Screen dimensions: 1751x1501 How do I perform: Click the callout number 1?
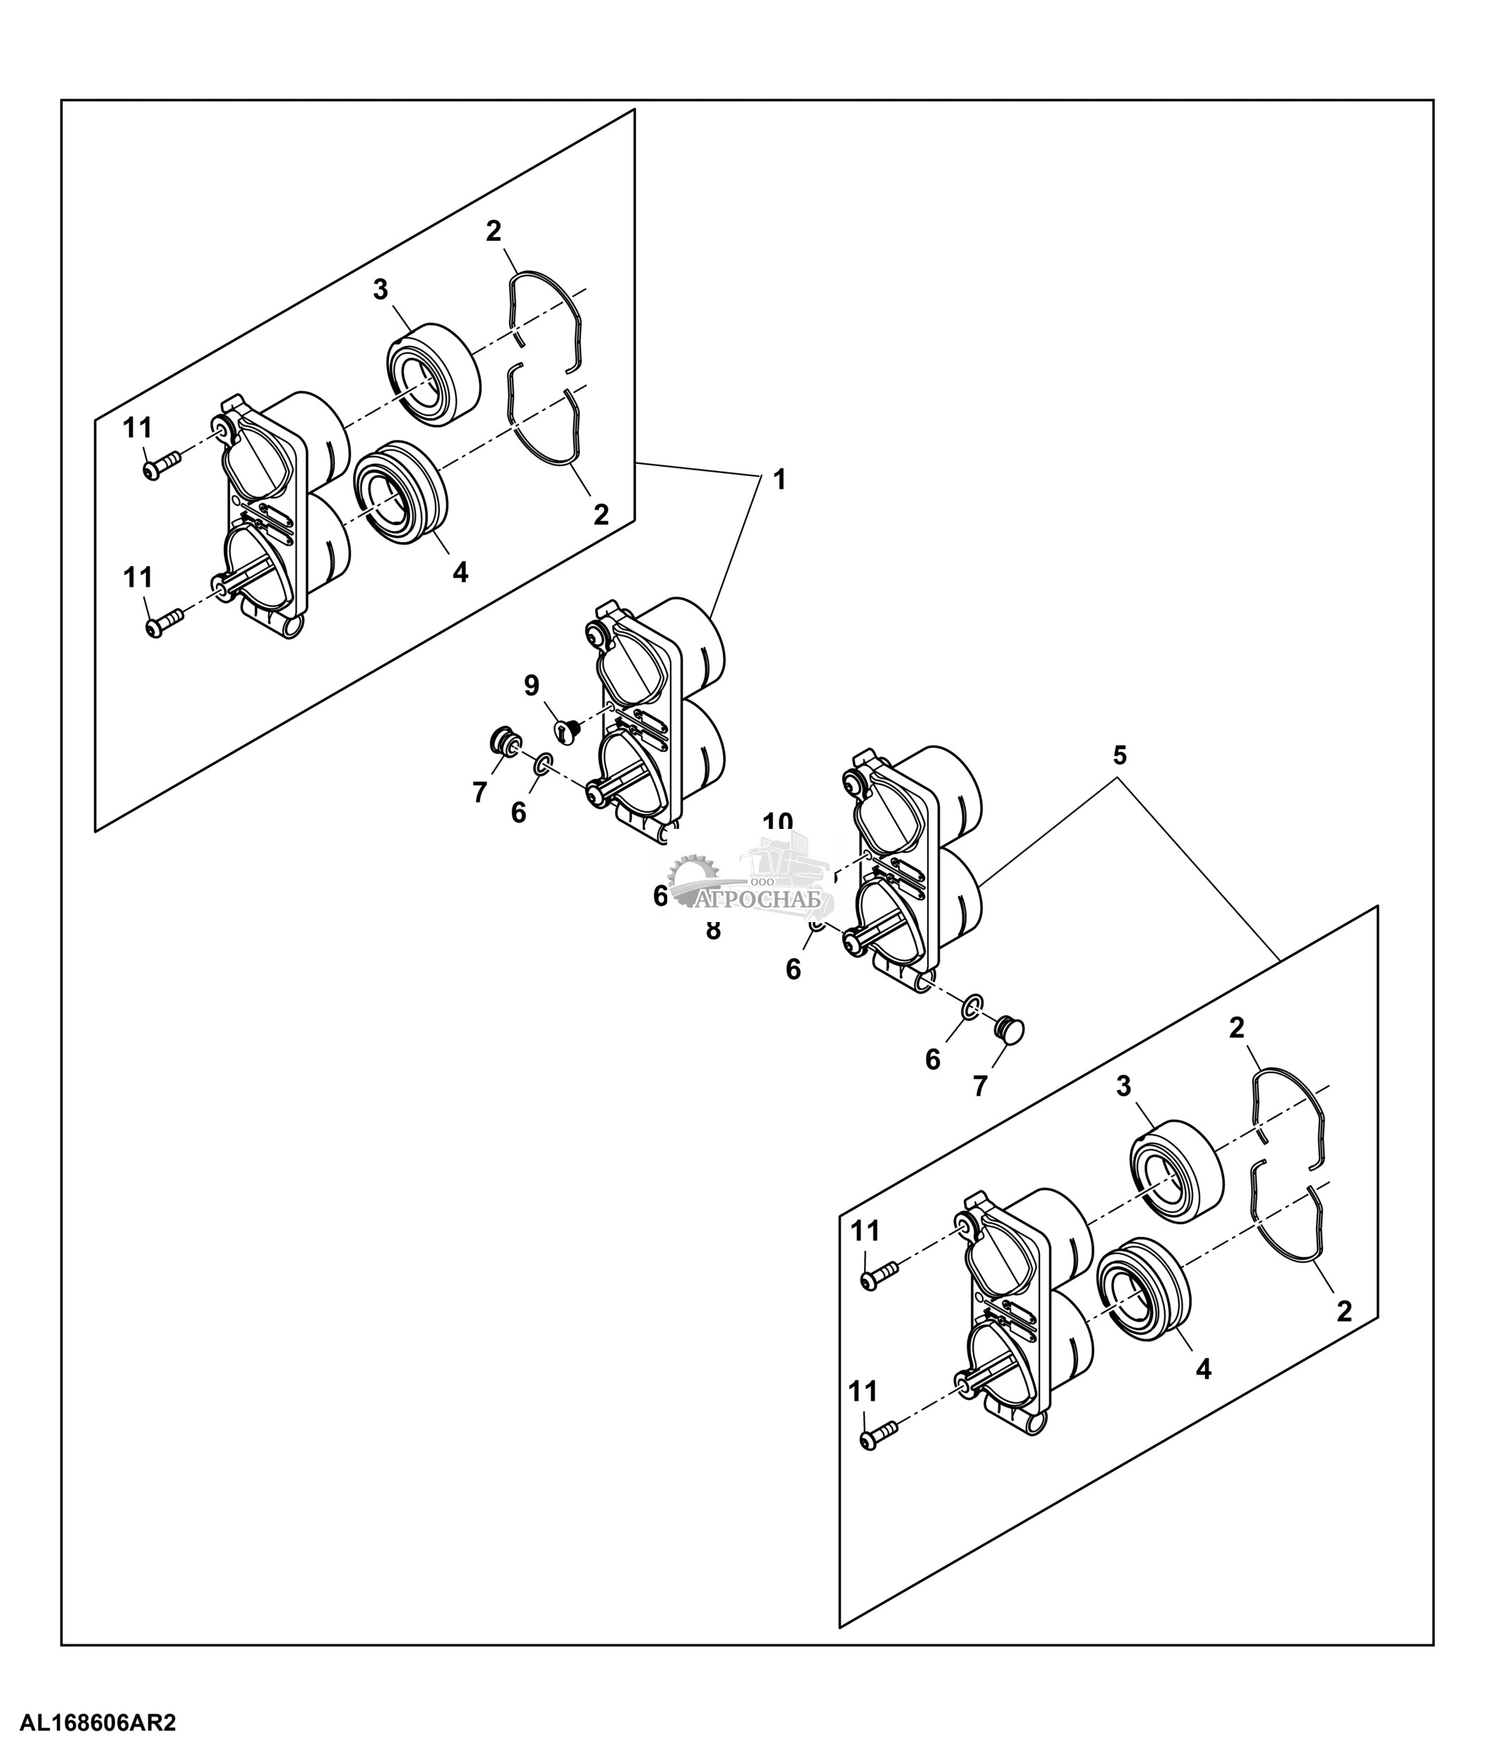tap(779, 480)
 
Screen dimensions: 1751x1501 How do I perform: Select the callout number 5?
tap(1119, 755)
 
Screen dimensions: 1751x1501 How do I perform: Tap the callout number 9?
tap(532, 686)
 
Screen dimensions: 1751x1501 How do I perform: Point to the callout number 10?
tap(777, 823)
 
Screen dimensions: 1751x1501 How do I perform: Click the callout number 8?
tap(713, 931)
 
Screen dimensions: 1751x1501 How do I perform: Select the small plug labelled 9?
tap(567, 730)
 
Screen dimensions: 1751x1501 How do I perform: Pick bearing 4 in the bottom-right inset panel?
tap(1142, 1286)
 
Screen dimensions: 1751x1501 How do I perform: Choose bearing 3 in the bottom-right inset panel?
tap(1176, 1168)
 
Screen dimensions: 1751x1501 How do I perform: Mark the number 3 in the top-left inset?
tap(381, 290)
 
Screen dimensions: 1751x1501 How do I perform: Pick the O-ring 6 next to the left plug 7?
tap(542, 765)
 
